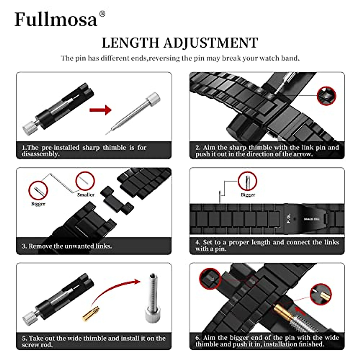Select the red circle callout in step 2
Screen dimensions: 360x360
[326, 96]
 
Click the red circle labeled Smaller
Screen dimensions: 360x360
[85, 181]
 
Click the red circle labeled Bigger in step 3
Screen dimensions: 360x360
[38, 190]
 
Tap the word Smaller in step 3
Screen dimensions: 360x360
[86, 195]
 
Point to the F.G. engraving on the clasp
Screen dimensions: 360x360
[288, 218]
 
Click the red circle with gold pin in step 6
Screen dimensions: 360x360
[321, 294]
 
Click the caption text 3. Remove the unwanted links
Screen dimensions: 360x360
[67, 246]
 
